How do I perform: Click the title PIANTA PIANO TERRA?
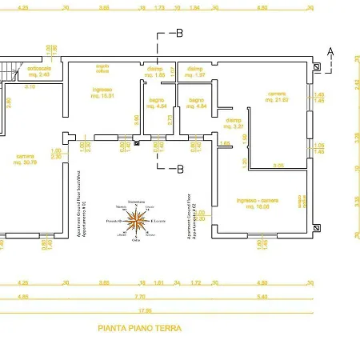click(x=139, y=328)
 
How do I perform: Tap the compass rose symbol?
click(x=138, y=218)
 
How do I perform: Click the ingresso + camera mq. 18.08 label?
click(x=258, y=202)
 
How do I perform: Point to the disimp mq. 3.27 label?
click(x=233, y=124)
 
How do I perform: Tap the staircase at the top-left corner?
click(x=10, y=72)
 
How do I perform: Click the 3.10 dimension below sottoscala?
click(x=30, y=86)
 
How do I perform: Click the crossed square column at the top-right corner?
click(x=317, y=69)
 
